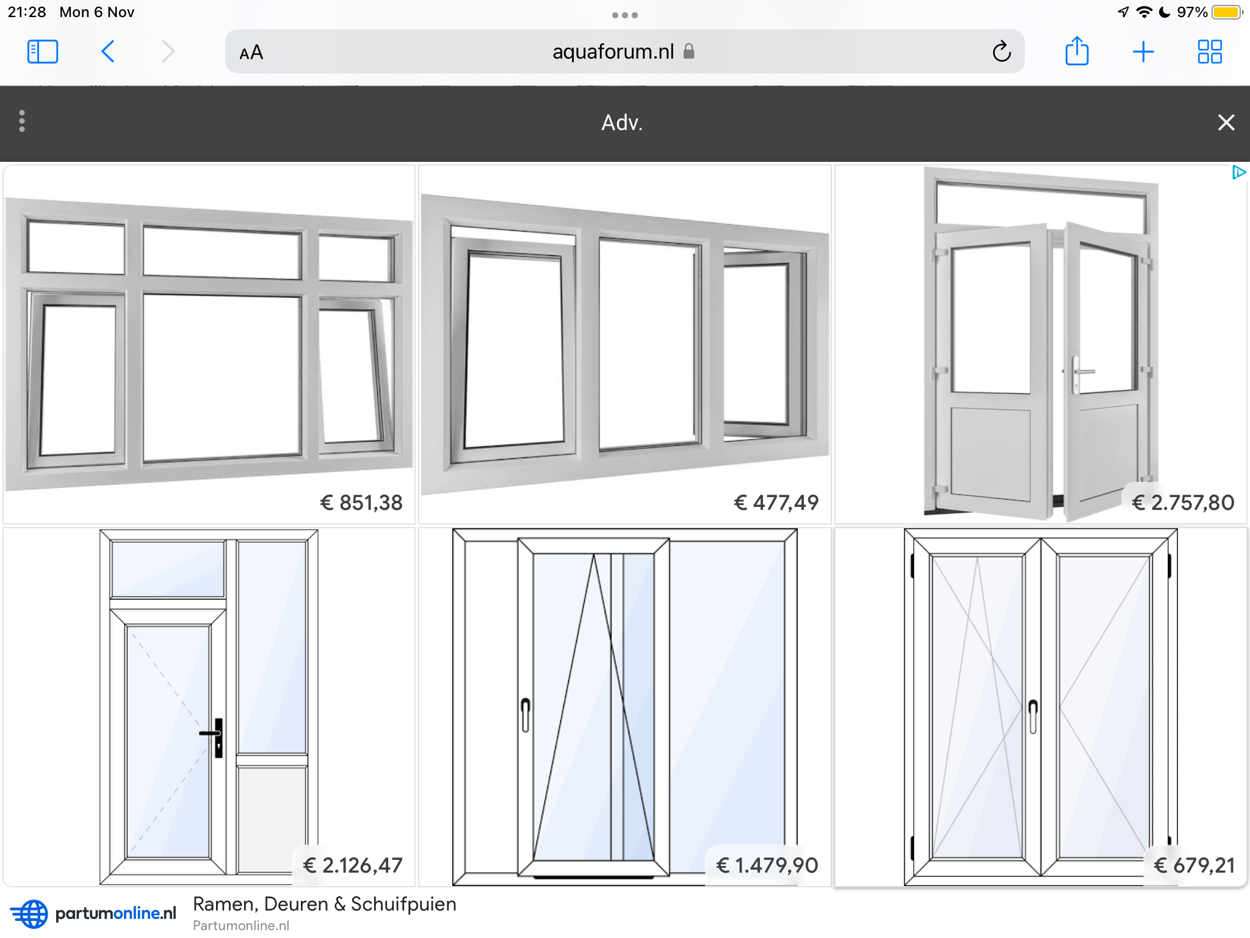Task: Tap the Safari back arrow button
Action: [x=107, y=52]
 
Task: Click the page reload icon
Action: [x=1001, y=52]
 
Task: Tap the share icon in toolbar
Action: [x=1077, y=51]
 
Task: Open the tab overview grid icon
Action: [x=1209, y=52]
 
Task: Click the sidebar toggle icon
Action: [x=43, y=52]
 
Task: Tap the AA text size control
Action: [x=251, y=53]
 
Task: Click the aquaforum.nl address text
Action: [x=613, y=52]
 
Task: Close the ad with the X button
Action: [x=1226, y=122]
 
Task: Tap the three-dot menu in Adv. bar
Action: [x=22, y=121]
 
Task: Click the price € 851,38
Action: [x=361, y=503]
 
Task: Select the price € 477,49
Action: [x=776, y=503]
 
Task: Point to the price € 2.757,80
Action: [x=1183, y=503]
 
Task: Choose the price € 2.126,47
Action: [x=353, y=865]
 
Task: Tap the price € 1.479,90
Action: [x=767, y=865]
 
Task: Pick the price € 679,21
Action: [x=1194, y=865]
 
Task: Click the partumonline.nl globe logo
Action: [x=29, y=914]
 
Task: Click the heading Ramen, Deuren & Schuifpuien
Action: [x=325, y=904]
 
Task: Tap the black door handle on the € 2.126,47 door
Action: [x=214, y=736]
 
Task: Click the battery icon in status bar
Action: [x=1227, y=12]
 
